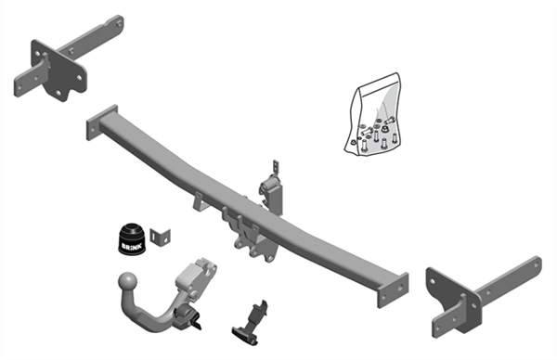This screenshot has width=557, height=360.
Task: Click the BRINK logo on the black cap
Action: [132, 246]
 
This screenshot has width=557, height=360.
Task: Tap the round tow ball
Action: [128, 281]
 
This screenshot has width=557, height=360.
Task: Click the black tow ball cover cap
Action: [132, 239]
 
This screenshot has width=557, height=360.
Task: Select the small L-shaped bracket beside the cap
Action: [160, 237]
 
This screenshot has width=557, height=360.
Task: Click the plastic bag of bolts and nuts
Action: [373, 114]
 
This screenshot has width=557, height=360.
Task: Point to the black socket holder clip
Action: [251, 323]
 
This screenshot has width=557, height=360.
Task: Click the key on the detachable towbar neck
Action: [197, 322]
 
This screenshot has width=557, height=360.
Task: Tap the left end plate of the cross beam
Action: [102, 122]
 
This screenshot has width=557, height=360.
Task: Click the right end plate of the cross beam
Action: [393, 290]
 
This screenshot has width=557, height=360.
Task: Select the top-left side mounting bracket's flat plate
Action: [58, 70]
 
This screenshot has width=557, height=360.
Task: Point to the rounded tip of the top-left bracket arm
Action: [119, 23]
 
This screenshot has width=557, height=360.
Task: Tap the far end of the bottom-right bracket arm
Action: [537, 264]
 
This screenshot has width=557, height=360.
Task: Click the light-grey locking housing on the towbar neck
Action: [197, 276]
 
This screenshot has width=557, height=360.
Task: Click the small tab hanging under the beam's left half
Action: [200, 201]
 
